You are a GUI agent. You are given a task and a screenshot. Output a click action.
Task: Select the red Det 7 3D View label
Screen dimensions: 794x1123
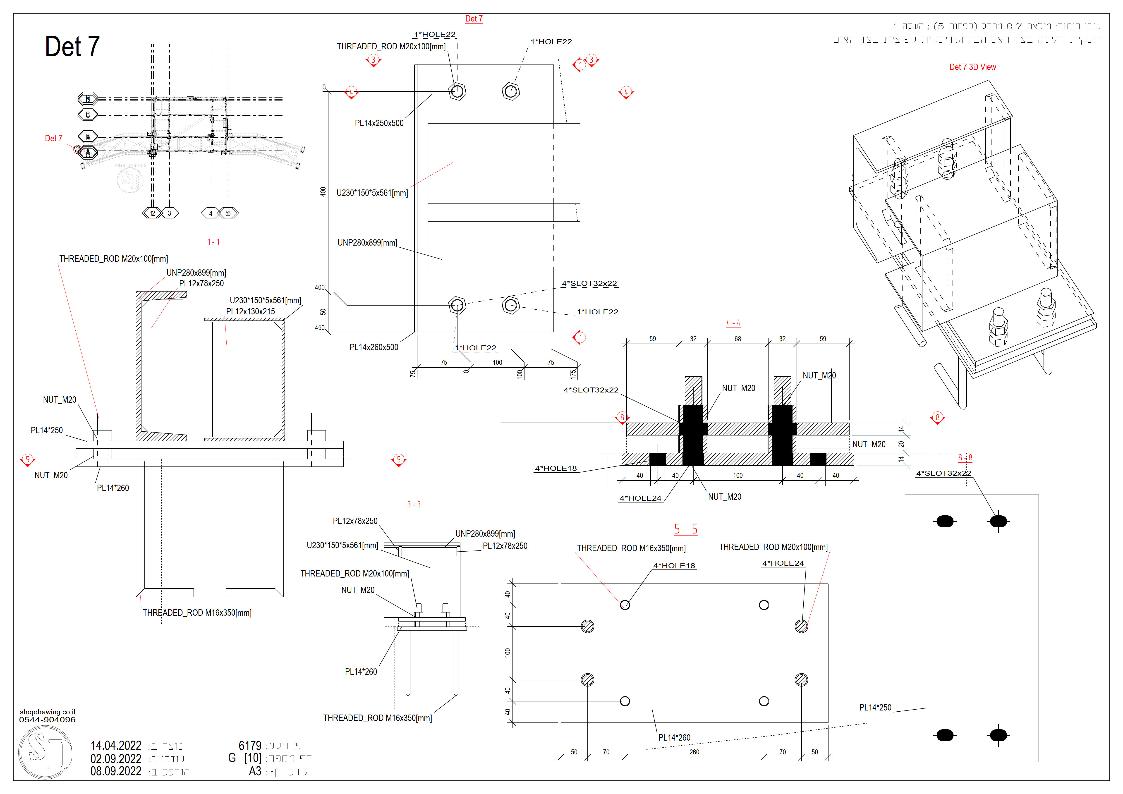[x=972, y=67]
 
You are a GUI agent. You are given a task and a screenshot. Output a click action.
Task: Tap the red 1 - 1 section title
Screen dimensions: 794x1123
[x=213, y=242]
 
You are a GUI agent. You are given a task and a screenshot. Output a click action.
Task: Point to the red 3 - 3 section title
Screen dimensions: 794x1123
[x=414, y=505]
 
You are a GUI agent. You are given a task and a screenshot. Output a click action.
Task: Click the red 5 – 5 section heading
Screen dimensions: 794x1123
[x=685, y=529]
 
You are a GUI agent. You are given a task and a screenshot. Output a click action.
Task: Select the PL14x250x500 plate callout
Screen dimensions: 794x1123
[x=379, y=123]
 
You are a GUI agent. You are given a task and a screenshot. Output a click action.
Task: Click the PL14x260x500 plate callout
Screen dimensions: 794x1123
[x=374, y=347]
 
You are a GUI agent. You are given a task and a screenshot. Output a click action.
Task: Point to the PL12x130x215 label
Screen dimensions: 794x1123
[x=250, y=311]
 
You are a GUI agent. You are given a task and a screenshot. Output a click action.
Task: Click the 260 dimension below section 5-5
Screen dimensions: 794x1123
[x=694, y=752]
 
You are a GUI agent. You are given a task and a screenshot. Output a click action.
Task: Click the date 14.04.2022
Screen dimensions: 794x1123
[x=116, y=746]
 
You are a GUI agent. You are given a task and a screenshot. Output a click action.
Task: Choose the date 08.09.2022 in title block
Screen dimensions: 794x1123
[x=116, y=771]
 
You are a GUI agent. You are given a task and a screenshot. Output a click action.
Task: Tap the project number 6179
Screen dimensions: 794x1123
[x=250, y=746]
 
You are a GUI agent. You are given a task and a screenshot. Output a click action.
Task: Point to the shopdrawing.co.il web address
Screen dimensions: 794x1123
[x=48, y=712]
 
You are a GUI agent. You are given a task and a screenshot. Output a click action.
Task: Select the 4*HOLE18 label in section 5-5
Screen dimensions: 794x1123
[x=674, y=566]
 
